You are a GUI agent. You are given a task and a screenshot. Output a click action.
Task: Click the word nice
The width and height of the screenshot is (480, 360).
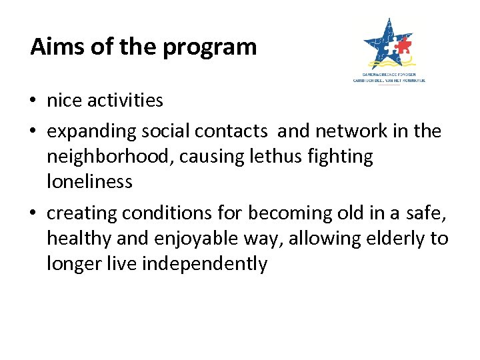(x=65, y=101)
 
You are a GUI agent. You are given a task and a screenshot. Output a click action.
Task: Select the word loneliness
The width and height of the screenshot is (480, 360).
(x=89, y=181)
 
